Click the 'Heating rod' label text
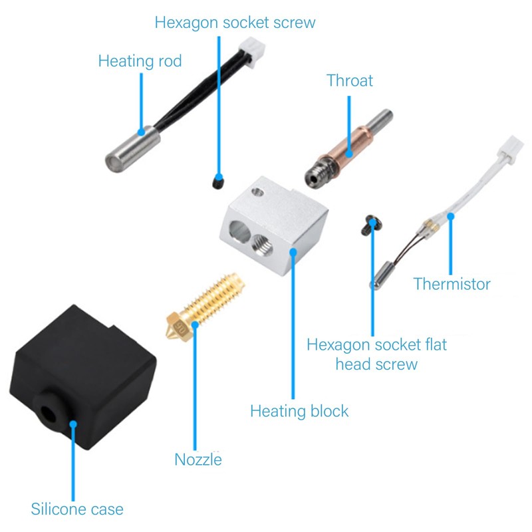click(140, 62)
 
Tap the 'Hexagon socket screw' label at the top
click(235, 23)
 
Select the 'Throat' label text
click(350, 81)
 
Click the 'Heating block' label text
click(299, 411)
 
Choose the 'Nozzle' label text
click(198, 460)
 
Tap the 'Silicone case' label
click(77, 509)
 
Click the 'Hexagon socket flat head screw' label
click(376, 354)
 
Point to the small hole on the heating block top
click(257, 194)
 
